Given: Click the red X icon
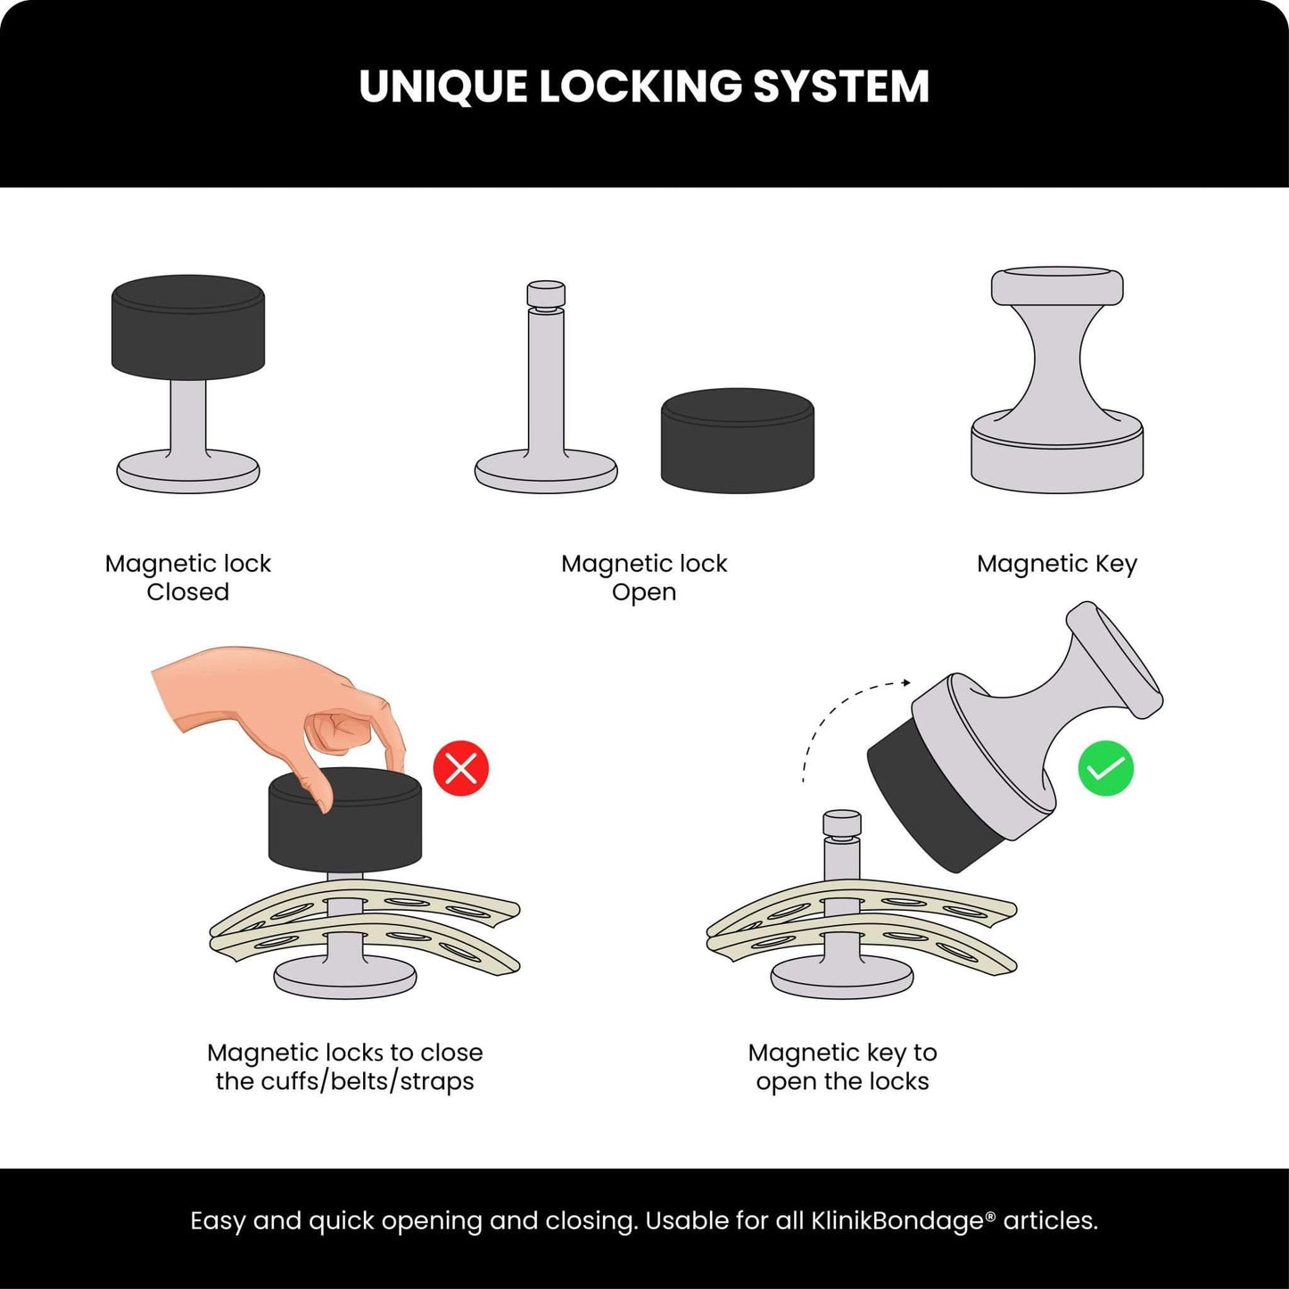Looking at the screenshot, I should pyautogui.click(x=461, y=768).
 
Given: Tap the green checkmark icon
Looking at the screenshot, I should pyautogui.click(x=1105, y=769).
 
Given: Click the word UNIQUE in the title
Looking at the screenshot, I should pyautogui.click(x=442, y=87).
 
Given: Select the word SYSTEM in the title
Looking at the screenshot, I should pyautogui.click(x=841, y=87).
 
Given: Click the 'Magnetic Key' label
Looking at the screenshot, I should pyautogui.click(x=1056, y=564).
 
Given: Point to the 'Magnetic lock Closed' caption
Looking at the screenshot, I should pyautogui.click(x=187, y=577).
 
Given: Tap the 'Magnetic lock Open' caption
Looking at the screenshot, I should pyautogui.click(x=644, y=577).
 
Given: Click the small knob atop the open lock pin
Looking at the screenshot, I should pyautogui.click(x=546, y=294).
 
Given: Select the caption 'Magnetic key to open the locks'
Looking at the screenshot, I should pyautogui.click(x=842, y=1067).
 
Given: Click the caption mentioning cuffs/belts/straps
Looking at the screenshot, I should pyautogui.click(x=344, y=1067).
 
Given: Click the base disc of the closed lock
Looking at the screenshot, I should pyautogui.click(x=188, y=472).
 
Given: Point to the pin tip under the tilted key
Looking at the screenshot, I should pyautogui.click(x=841, y=823).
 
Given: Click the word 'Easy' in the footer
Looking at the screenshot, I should pyautogui.click(x=219, y=1221).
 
